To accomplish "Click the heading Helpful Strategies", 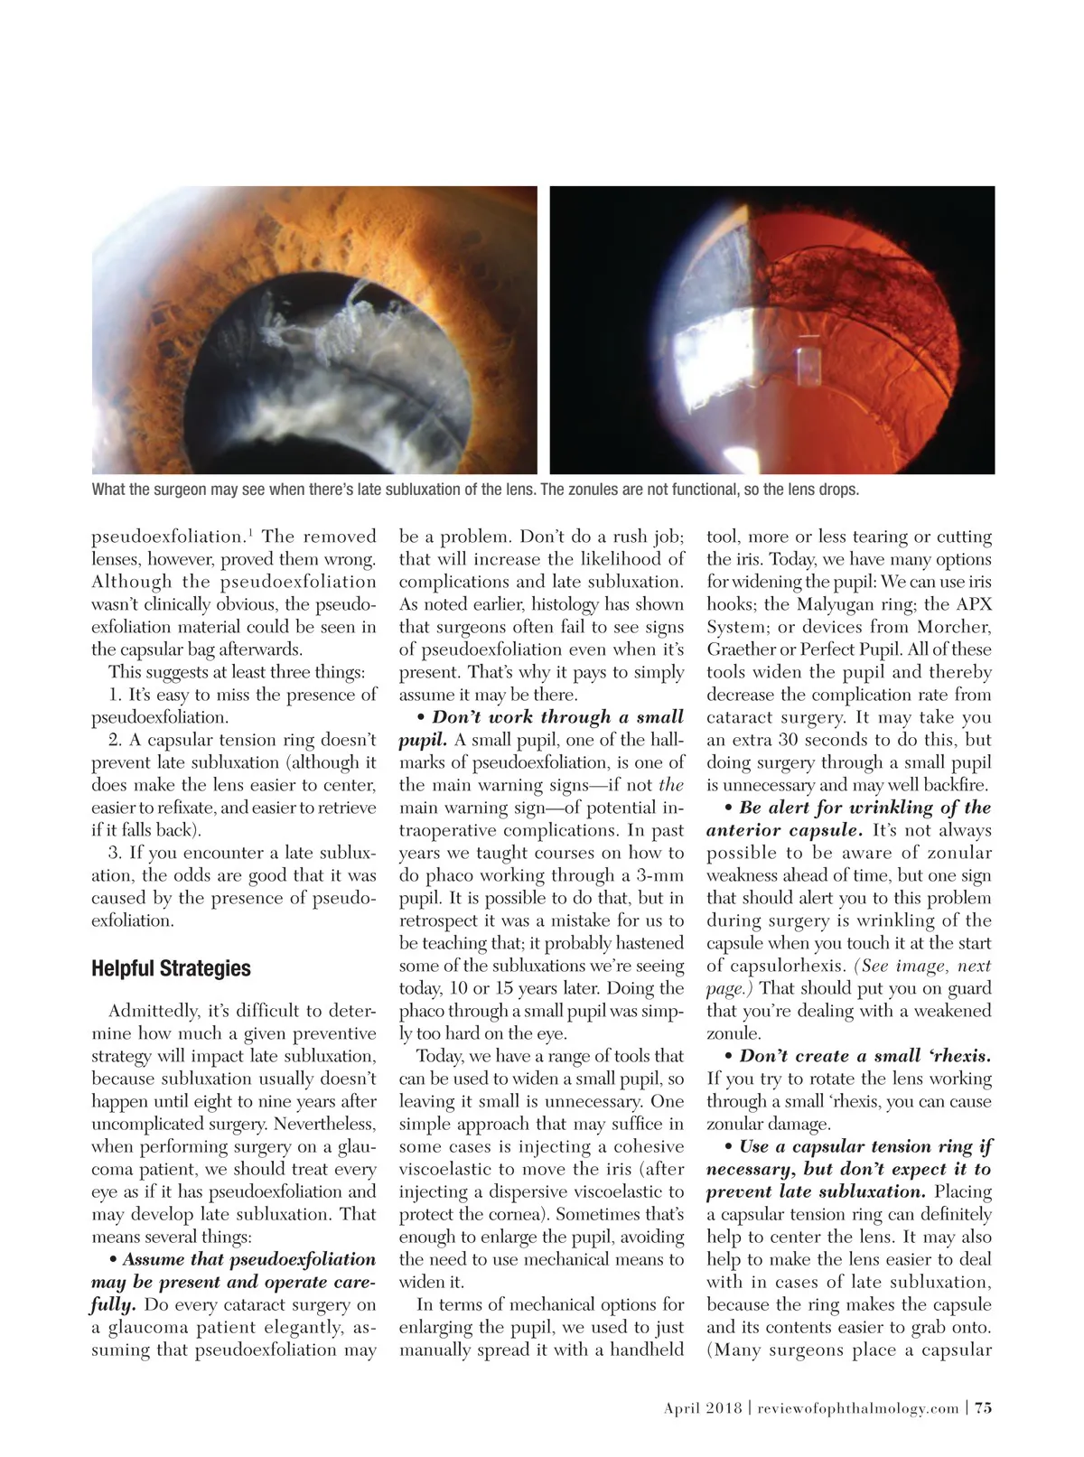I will (171, 968).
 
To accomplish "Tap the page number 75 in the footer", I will (983, 1407).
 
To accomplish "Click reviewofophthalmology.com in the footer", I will (857, 1407).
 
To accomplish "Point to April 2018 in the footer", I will (702, 1407).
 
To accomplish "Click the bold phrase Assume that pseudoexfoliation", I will (248, 1259).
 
